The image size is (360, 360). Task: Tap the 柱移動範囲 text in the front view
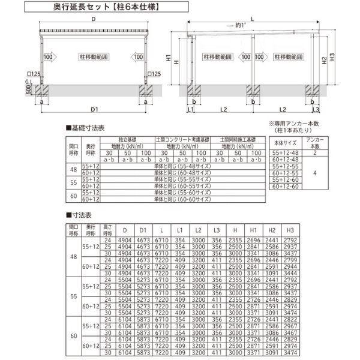click(93, 58)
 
